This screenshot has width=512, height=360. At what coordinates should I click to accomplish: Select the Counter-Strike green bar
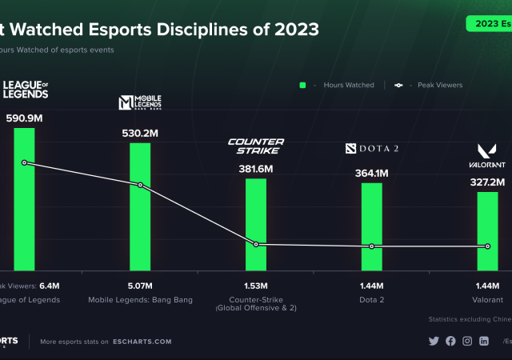click(256, 224)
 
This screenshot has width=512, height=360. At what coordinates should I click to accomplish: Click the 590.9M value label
click(24, 117)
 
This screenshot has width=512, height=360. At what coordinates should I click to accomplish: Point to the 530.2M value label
click(140, 131)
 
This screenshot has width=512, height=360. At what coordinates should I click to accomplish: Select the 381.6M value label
click(256, 169)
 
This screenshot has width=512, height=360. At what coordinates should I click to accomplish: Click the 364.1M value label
click(372, 173)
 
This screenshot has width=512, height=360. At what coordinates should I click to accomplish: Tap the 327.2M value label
click(487, 182)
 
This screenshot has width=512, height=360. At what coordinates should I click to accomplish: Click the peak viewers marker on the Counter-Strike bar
click(256, 244)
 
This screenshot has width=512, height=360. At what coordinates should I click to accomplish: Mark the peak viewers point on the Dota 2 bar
click(372, 246)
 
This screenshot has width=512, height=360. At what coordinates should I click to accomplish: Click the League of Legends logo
click(25, 90)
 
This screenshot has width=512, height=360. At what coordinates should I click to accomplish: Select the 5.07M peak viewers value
click(140, 285)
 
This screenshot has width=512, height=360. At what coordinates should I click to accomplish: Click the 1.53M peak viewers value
click(256, 285)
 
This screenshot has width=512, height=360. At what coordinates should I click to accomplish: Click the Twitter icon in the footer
click(434, 341)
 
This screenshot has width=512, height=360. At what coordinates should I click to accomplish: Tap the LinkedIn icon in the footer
click(484, 341)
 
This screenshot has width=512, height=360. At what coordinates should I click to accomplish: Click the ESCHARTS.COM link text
click(141, 342)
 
